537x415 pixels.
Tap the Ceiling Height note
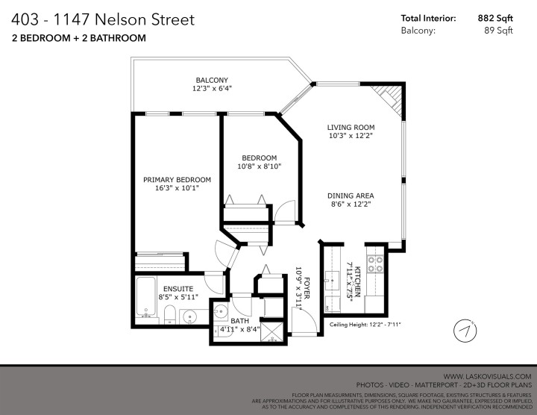coord(365,325)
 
